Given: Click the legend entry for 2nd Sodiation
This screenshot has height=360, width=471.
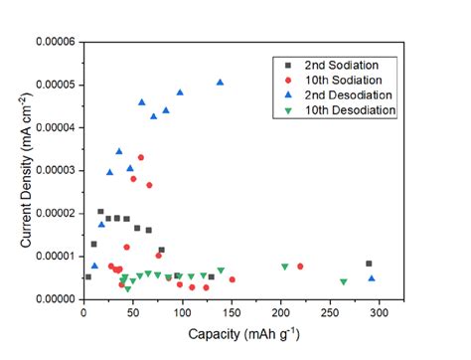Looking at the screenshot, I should click(x=338, y=65).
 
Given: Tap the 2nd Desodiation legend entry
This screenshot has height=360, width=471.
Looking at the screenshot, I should click(x=344, y=94).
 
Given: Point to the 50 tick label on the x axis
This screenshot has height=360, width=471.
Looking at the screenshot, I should click(x=133, y=312).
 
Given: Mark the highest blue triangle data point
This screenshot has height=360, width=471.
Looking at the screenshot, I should click(x=220, y=83).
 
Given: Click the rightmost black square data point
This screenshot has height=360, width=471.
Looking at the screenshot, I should click(x=369, y=264).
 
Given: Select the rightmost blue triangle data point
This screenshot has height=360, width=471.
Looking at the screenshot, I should click(x=372, y=278).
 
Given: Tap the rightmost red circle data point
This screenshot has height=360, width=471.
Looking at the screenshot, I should click(x=300, y=267).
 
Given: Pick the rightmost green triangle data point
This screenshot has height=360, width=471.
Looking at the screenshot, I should click(x=344, y=281).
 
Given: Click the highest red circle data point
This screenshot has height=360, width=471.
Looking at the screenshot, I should click(x=141, y=157).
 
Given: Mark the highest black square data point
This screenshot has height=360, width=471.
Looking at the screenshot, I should click(x=100, y=212).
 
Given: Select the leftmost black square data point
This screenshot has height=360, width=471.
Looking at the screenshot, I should click(x=88, y=276).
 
